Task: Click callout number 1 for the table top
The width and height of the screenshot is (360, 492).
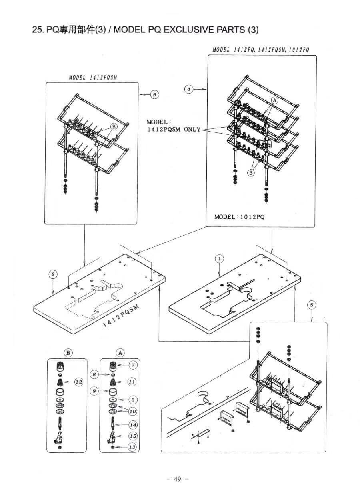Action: click(219, 259)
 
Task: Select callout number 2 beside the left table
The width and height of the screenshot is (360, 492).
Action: click(53, 274)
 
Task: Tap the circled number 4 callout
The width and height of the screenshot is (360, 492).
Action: click(189, 89)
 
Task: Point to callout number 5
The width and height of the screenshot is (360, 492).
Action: click(312, 305)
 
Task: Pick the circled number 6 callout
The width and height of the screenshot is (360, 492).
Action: click(155, 95)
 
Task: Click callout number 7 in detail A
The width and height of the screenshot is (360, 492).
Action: click(133, 365)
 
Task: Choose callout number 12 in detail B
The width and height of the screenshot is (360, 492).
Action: click(79, 382)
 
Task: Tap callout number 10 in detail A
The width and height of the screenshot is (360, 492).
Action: click(132, 411)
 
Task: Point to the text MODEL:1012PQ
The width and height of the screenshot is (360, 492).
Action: click(240, 217)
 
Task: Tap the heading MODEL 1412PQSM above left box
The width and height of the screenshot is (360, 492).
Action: click(93, 77)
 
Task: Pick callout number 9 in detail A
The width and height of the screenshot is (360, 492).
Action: click(94, 391)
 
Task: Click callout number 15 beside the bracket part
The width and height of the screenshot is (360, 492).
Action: click(133, 436)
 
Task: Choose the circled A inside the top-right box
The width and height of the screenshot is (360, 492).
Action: click(274, 100)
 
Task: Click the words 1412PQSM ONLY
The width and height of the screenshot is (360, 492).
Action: click(174, 129)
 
